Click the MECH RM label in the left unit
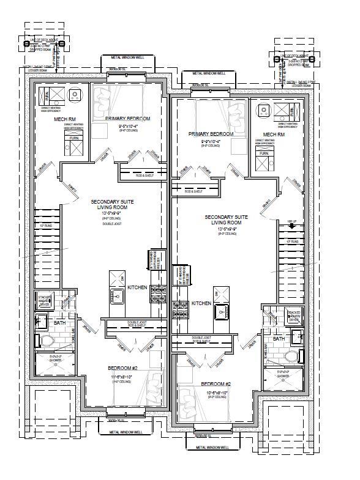(64, 119)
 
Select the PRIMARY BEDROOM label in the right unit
(211, 134)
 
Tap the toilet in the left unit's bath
(47, 340)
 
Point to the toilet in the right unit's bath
(293, 356)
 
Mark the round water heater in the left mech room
(75, 95)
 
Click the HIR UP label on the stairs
(292, 221)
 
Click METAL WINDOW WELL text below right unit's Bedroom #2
(212, 448)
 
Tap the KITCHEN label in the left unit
(137, 287)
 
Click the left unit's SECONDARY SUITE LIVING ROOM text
(112, 204)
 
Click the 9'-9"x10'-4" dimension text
(211, 141)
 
